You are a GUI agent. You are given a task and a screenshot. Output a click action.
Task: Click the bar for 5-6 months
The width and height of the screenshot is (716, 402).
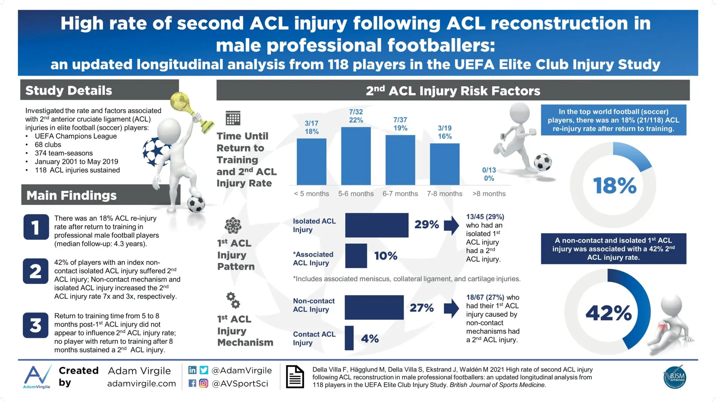[x=356, y=156]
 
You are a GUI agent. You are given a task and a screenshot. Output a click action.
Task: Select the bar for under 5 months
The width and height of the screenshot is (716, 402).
[x=311, y=162]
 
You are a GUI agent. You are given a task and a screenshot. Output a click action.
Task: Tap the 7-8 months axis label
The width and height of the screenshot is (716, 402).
[x=445, y=194]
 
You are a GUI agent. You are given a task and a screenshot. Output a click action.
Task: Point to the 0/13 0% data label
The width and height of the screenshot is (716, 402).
[x=489, y=174]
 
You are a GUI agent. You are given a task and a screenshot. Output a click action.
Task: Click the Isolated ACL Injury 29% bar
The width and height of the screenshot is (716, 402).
[x=377, y=225]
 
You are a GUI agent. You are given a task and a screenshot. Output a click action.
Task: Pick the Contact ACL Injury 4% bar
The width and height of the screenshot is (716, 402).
[x=349, y=338]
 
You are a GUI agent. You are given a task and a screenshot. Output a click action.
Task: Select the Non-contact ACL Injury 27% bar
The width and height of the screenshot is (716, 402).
[x=374, y=307]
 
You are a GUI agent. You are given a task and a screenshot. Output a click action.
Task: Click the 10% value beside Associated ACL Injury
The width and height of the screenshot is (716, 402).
[x=386, y=256]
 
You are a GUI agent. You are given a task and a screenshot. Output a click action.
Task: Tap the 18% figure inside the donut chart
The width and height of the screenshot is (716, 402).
[x=615, y=186]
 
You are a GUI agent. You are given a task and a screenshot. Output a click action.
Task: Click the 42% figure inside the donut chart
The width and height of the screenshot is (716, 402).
[x=609, y=313]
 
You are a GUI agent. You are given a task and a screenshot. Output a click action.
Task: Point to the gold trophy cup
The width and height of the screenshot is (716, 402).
[x=191, y=111]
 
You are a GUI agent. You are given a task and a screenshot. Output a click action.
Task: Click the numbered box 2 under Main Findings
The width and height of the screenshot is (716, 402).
[x=36, y=271]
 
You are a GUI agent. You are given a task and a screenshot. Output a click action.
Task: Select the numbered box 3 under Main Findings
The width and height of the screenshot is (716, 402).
[x=36, y=325]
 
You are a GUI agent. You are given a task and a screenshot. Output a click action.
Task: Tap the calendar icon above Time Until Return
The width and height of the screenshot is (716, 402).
[x=233, y=118]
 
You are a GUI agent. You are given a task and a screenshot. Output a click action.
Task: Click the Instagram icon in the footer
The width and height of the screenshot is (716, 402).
[x=204, y=383]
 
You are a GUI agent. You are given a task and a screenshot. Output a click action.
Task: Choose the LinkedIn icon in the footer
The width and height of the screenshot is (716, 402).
[x=192, y=370]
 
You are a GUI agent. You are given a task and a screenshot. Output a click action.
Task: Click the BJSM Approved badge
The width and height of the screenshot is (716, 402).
[x=675, y=377]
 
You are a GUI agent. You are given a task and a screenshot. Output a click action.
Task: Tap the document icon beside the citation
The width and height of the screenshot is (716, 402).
[x=295, y=377]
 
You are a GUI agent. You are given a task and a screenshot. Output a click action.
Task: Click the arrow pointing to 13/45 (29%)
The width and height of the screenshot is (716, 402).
[x=451, y=225]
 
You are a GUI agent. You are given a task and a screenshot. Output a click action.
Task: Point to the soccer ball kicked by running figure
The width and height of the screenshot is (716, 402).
[x=543, y=162]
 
